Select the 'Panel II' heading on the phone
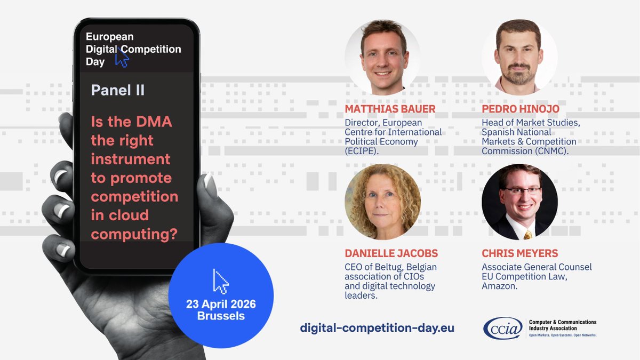tap(118, 90)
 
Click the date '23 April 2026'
tap(221, 305)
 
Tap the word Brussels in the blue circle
tap(221, 316)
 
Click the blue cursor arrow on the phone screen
tap(122, 58)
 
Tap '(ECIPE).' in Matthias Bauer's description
tap(363, 151)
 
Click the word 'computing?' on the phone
tap(134, 234)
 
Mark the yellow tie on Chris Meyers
tap(527, 234)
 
